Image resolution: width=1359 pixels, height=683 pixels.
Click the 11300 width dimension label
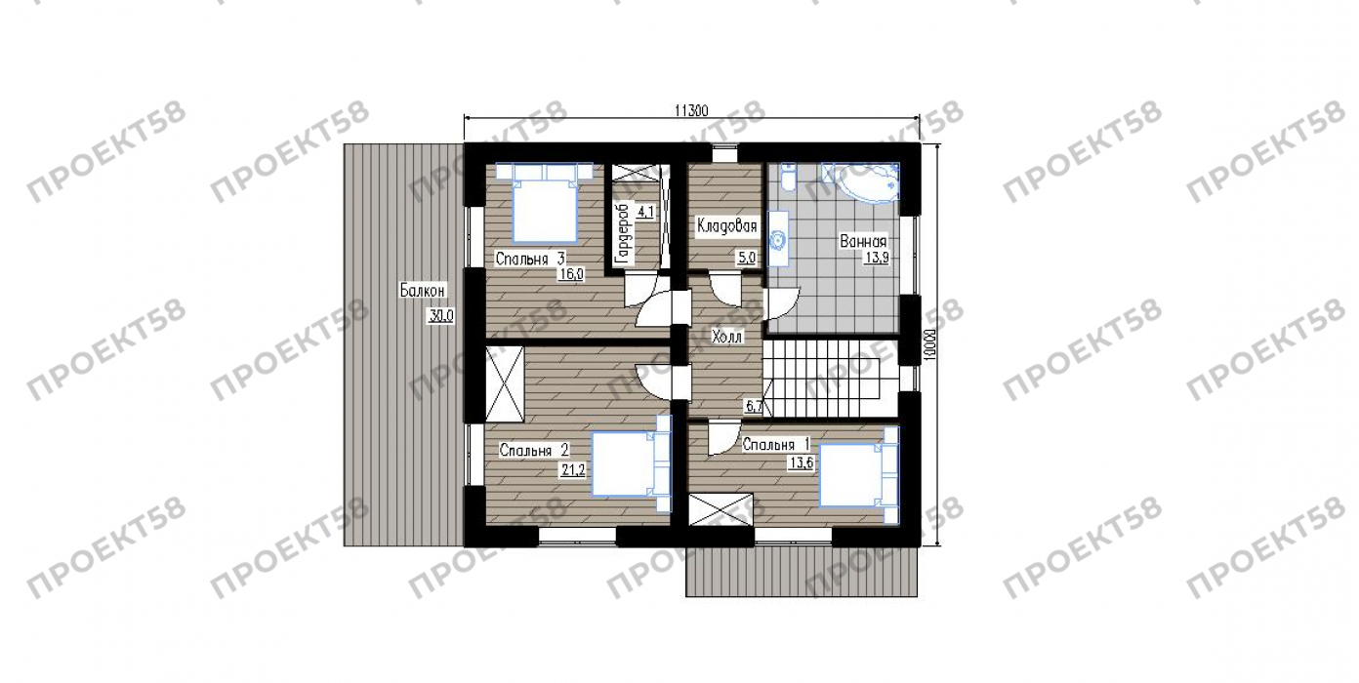click(x=691, y=110)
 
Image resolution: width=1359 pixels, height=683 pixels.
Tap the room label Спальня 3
click(x=530, y=259)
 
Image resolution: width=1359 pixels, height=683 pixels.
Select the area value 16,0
click(x=571, y=274)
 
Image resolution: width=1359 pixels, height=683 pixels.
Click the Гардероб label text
click(x=623, y=234)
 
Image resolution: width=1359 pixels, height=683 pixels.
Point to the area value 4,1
click(x=645, y=212)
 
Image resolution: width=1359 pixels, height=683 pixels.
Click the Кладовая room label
click(x=726, y=226)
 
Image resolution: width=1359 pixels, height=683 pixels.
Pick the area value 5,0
click(x=746, y=258)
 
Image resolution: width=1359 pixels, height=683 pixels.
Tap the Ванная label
click(x=863, y=241)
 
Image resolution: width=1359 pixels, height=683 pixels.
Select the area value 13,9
click(x=877, y=258)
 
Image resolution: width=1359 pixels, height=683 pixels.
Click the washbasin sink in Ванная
click(x=778, y=239)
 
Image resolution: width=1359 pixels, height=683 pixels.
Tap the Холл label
click(x=726, y=337)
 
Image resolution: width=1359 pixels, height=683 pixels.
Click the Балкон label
click(x=423, y=291)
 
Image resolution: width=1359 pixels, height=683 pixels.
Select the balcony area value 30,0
click(x=440, y=315)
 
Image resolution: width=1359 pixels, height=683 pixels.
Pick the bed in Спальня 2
click(x=632, y=463)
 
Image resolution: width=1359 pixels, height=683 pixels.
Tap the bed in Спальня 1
click(x=858, y=475)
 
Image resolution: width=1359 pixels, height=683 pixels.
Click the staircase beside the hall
click(x=829, y=379)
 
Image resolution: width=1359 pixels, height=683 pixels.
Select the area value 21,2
click(x=573, y=469)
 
